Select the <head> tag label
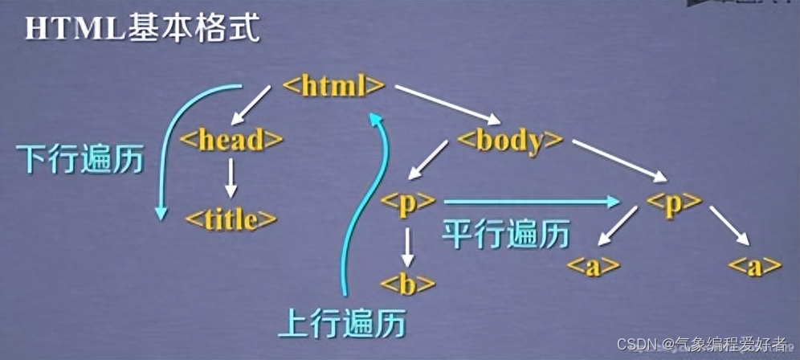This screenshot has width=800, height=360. (231, 140)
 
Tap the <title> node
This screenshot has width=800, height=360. (231, 219)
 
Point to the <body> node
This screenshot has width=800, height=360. (509, 140)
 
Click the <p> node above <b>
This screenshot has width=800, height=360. (409, 202)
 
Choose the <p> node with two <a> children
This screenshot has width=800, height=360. (673, 202)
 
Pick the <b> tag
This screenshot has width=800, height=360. (408, 283)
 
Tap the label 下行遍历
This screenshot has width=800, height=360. (80, 160)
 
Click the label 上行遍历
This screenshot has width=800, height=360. (341, 323)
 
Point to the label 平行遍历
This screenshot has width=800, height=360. (506, 234)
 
